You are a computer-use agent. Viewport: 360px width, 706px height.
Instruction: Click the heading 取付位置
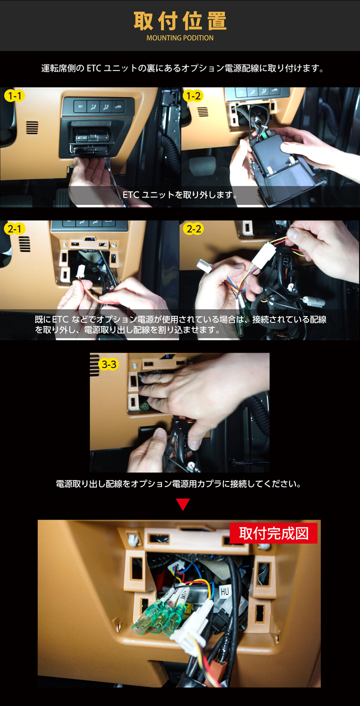180,21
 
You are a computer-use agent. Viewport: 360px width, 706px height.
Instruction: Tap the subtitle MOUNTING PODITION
180,38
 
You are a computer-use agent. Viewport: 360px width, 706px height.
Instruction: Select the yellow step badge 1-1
14,95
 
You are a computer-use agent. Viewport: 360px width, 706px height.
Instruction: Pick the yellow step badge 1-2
193,95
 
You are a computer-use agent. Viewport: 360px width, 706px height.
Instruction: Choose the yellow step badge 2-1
14,229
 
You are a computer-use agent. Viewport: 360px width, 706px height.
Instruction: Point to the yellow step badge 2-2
193,229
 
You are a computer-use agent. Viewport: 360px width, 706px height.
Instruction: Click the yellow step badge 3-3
108,364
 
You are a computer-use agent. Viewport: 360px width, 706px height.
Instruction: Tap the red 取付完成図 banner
273,533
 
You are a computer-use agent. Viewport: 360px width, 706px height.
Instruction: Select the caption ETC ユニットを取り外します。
180,195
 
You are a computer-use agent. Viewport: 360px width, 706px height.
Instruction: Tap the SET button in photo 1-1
80,106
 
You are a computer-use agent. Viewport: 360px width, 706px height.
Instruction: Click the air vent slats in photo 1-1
32,127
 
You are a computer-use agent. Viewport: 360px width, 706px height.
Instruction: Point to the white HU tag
224,591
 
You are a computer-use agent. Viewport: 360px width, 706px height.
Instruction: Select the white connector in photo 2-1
81,271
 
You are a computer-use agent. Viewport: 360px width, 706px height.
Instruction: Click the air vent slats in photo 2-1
24,244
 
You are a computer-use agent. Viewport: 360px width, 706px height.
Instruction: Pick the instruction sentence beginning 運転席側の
182,68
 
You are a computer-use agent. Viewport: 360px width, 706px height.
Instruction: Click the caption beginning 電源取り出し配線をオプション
178,484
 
